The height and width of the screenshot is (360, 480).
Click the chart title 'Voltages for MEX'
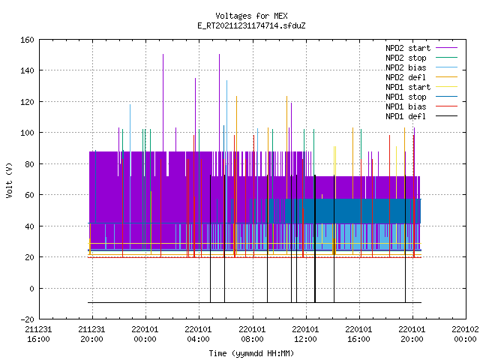tap(251, 16)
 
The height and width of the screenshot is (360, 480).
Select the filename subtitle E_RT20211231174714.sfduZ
tap(251, 25)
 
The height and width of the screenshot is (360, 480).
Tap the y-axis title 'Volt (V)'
tap(10, 180)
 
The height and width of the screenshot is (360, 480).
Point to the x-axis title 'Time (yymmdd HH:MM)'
tap(251, 353)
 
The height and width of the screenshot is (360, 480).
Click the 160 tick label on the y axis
tap(27, 40)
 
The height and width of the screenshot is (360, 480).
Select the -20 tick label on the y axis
tap(27, 319)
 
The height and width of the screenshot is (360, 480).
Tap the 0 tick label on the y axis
tap(31, 288)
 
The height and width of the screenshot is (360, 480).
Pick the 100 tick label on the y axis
tap(27, 133)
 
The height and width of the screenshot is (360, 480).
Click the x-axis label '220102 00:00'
tap(465, 334)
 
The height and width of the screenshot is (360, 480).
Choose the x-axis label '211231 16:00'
tap(38, 334)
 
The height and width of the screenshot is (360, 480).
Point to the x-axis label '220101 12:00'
tap(305, 334)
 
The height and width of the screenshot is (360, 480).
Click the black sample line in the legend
tap(446, 116)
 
